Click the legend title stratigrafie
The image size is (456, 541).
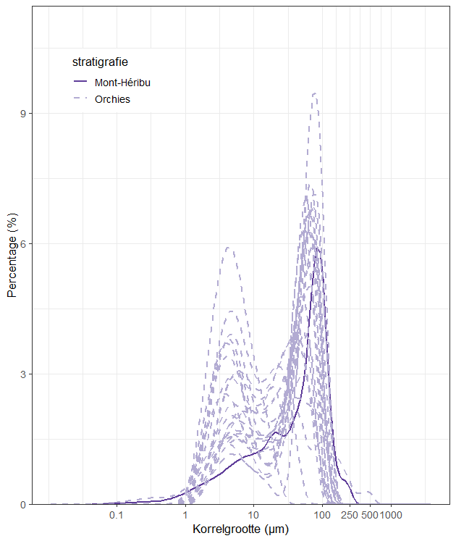[100, 62]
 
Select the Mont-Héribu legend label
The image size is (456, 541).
[122, 83]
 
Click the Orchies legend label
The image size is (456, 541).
[112, 99]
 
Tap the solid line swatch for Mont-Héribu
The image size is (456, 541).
[80, 81]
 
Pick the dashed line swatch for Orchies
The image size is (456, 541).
[80, 98]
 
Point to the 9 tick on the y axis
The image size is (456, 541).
[23, 114]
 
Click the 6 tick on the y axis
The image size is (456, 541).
[23, 244]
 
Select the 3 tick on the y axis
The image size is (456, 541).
[23, 374]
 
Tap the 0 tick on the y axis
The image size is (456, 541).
[23, 505]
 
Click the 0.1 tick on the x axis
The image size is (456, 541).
[117, 515]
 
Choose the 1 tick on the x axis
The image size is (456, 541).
[185, 515]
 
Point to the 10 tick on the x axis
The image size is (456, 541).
[253, 515]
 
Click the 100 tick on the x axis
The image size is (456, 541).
[322, 515]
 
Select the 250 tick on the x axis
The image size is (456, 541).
[350, 515]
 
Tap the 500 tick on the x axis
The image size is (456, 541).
[370, 515]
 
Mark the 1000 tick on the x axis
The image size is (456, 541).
[391, 515]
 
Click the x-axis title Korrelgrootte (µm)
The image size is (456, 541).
[240, 529]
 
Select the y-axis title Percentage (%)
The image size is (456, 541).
[12, 256]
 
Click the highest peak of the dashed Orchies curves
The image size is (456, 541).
[315, 93]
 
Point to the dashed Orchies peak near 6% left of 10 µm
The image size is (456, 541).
[228, 248]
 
